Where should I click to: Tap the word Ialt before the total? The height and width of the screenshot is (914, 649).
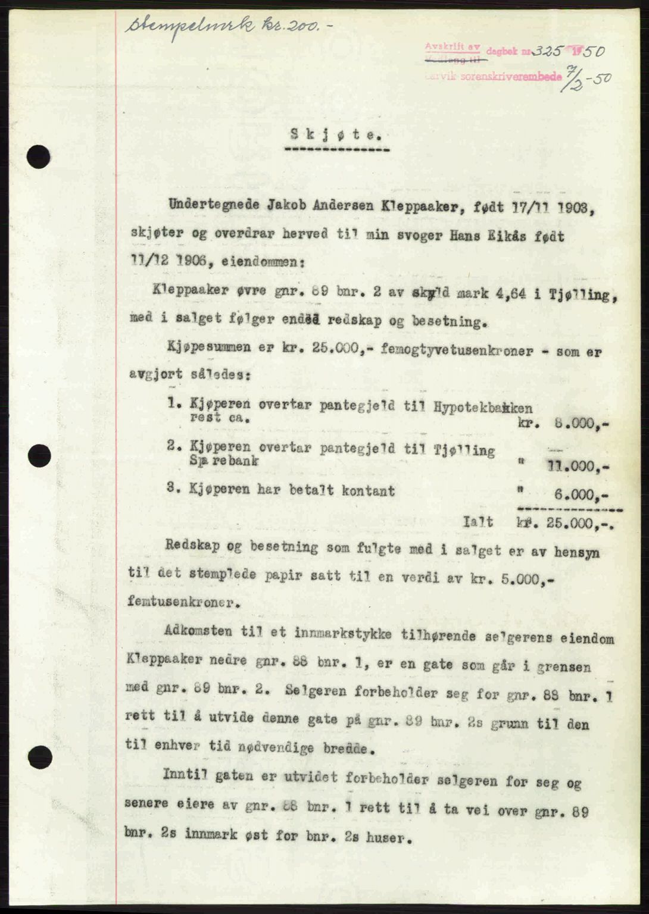click(478, 522)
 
